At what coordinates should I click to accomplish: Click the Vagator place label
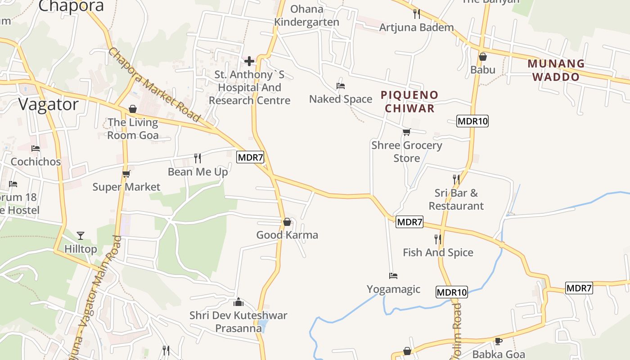[49, 104]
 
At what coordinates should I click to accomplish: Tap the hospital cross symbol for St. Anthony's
[249, 61]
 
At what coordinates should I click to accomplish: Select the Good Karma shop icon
[287, 222]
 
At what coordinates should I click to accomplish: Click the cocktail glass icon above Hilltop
[81, 235]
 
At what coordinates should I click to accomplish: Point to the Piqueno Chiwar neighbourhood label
[409, 101]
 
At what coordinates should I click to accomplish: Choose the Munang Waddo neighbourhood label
[556, 70]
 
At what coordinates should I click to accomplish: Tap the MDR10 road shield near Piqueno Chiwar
[472, 121]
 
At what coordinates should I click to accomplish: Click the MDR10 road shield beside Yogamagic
[452, 292]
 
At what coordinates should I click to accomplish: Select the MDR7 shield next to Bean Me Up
[250, 157]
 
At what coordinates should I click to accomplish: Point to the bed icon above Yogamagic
[393, 275]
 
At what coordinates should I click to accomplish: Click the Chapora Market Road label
[154, 85]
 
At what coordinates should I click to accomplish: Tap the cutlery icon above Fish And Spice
[437, 239]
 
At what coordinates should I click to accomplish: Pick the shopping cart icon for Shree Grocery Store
[407, 132]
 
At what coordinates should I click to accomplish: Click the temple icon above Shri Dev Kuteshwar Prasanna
[238, 301]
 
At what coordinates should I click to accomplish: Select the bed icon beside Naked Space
[341, 85]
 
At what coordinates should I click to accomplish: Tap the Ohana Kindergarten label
[307, 15]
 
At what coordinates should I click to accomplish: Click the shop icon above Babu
[483, 57]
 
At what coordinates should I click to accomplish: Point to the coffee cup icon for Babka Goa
[498, 341]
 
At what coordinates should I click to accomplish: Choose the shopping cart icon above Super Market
[126, 174]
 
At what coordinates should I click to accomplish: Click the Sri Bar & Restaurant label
[456, 199]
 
